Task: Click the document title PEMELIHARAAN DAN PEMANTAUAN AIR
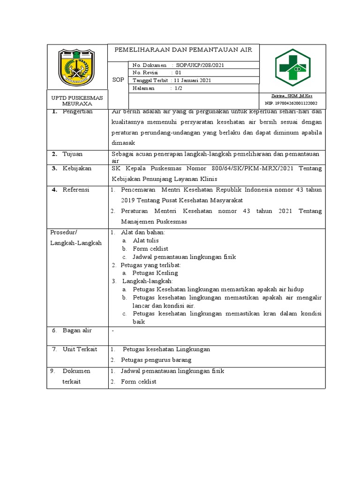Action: pos(183,50)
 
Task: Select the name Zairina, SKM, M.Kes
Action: pos(292,96)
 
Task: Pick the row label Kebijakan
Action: pos(78,168)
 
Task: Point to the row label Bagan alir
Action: pos(78,330)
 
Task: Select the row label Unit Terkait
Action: pos(81,349)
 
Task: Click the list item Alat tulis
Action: pos(146,240)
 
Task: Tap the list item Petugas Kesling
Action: pos(155,273)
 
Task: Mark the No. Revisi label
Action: pos(146,73)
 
